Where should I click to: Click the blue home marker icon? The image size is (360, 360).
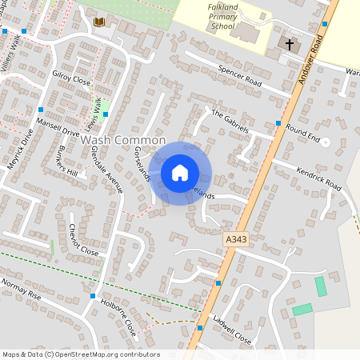[180, 173]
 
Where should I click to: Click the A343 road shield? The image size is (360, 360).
[233, 238]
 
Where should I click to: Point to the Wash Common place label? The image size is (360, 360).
[123, 140]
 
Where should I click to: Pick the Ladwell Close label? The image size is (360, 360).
[232, 332]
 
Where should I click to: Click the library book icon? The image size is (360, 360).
[99, 22]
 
